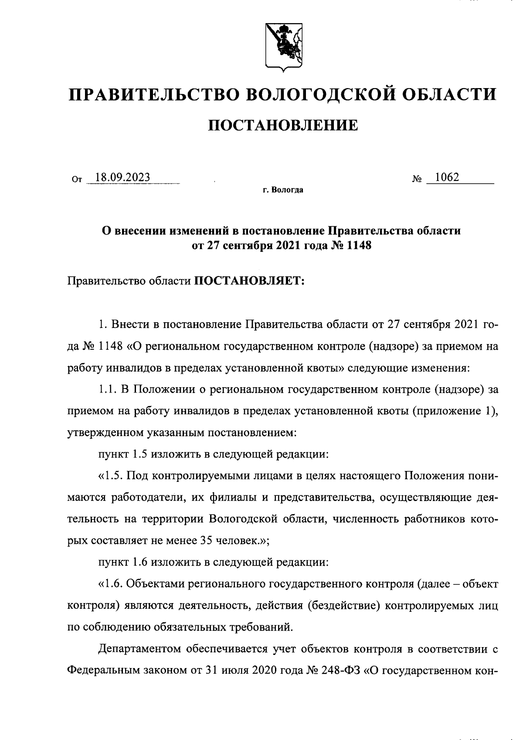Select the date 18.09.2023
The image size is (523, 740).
point(122,177)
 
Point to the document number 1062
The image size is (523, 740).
point(444,177)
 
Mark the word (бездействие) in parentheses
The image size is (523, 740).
point(338,606)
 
